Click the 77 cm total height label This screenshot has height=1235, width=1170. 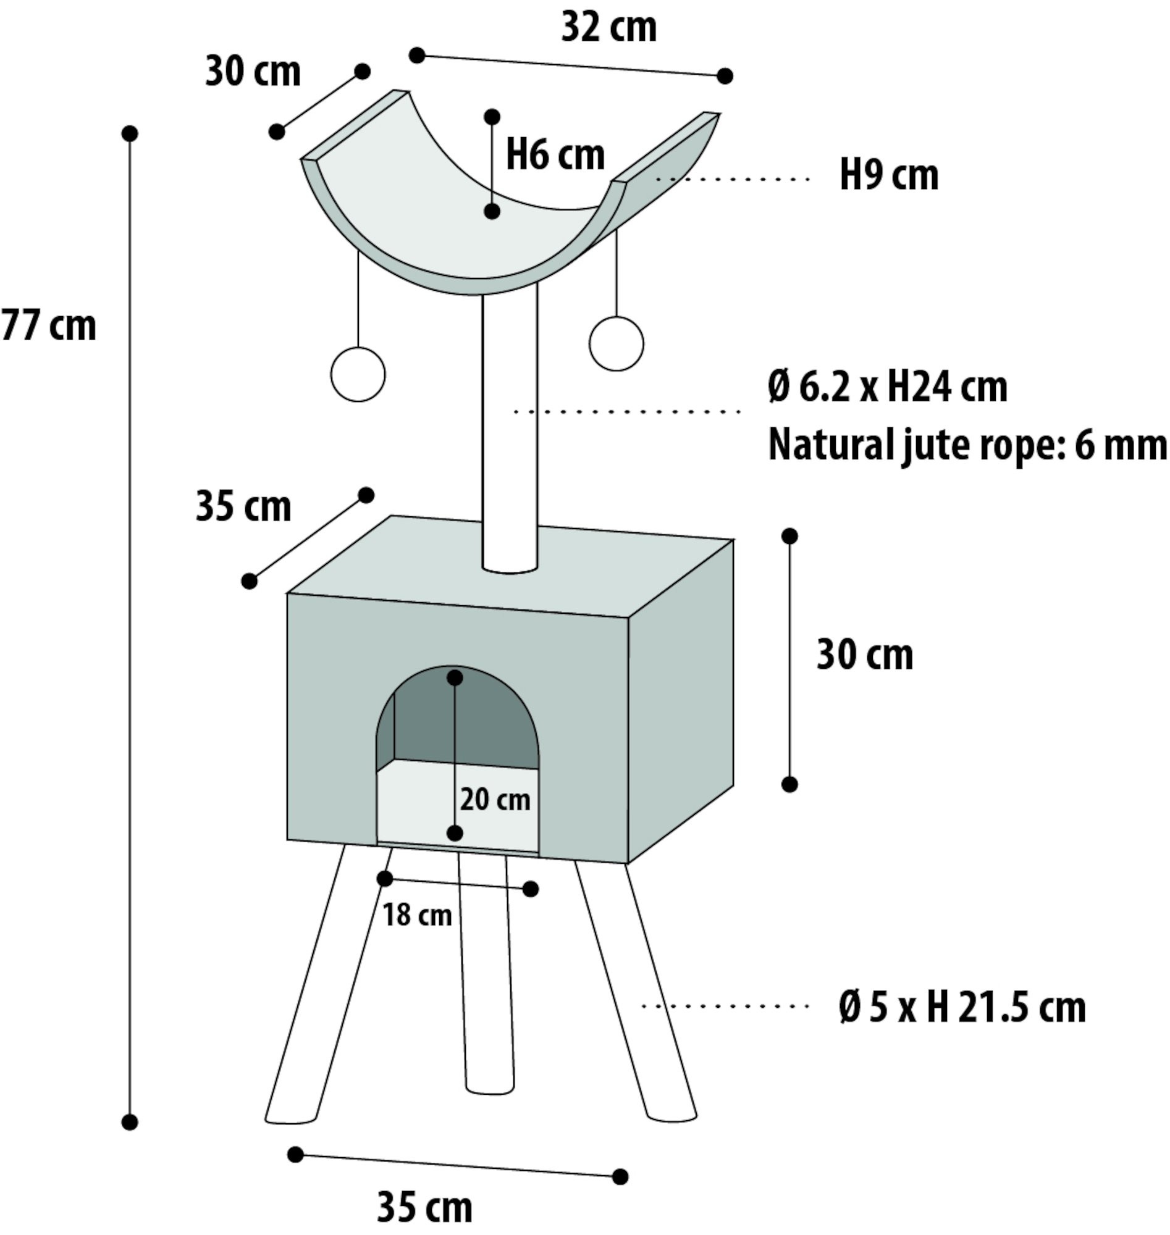(49, 326)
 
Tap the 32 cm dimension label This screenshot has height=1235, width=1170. (608, 28)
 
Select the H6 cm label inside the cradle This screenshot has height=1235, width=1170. (555, 155)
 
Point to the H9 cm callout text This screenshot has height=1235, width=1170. (889, 176)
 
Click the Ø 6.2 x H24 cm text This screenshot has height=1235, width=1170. (888, 387)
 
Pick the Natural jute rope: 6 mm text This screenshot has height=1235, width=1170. (967, 445)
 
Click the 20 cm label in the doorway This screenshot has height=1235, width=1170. (495, 800)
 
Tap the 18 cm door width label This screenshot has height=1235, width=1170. (416, 915)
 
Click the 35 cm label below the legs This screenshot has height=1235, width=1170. (425, 1208)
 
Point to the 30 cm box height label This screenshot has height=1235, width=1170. (864, 655)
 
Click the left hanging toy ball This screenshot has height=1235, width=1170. (358, 375)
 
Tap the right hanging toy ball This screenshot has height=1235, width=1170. (616, 343)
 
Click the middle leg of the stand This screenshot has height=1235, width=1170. (486, 973)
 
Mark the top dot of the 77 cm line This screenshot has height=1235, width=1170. (130, 133)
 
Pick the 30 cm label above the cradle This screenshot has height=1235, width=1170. (253, 72)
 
